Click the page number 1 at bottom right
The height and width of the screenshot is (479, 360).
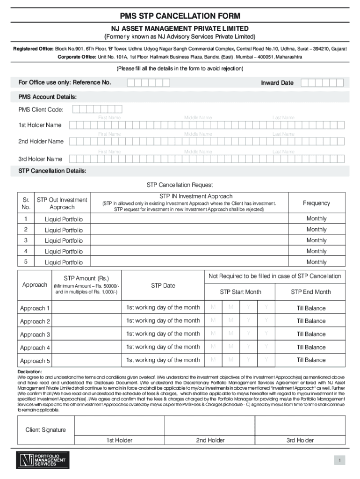click(342, 461)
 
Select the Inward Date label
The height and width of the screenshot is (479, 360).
click(277, 83)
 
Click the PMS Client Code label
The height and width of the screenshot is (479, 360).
click(41, 110)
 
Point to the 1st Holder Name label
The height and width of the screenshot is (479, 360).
click(40, 125)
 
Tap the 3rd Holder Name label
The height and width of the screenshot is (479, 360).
click(40, 159)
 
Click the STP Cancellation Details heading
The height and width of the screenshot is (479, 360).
click(52, 171)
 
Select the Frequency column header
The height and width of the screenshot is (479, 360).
click(316, 203)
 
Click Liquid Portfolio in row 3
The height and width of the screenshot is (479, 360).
click(64, 240)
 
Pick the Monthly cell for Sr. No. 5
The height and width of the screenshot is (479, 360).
click(316, 262)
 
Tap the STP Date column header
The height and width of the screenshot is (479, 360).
click(163, 285)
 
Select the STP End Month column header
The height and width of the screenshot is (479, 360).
click(310, 292)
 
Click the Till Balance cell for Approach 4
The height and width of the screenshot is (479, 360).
click(311, 347)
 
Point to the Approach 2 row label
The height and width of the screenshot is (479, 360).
click(35, 321)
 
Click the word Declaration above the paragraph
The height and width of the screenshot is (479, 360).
click(29, 371)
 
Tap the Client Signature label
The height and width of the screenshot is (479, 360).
click(45, 430)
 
